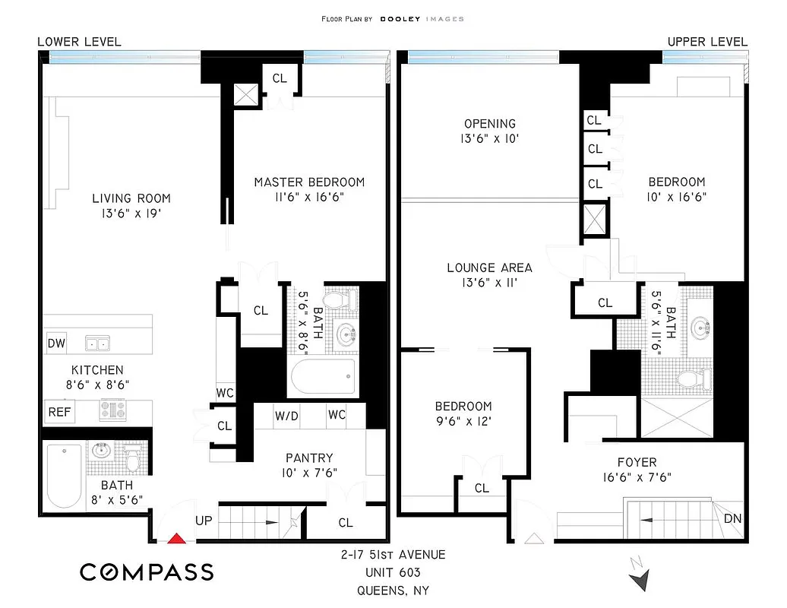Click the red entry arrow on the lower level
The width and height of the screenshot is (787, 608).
pyautogui.click(x=176, y=539)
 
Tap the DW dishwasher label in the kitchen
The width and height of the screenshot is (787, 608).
pyautogui.click(x=56, y=344)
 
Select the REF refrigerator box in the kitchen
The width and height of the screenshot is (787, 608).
pyautogui.click(x=59, y=412)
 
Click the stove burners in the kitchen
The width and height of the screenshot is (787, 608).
pyautogui.click(x=112, y=410)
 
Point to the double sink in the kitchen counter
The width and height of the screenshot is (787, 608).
pyautogui.click(x=97, y=344)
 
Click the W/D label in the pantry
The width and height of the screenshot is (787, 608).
pyautogui.click(x=286, y=416)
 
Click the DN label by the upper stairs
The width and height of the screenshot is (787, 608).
pyautogui.click(x=732, y=519)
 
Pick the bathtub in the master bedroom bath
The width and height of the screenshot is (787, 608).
pyautogui.click(x=322, y=375)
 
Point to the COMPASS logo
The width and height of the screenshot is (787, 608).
pyautogui.click(x=147, y=572)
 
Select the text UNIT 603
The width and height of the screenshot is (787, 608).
pyautogui.click(x=393, y=572)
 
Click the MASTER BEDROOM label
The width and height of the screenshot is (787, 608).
pyautogui.click(x=309, y=182)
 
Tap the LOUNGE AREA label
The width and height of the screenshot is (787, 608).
pyautogui.click(x=489, y=268)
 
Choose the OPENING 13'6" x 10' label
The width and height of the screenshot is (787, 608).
pyautogui.click(x=490, y=131)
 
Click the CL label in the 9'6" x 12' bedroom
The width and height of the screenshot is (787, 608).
pyautogui.click(x=482, y=488)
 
